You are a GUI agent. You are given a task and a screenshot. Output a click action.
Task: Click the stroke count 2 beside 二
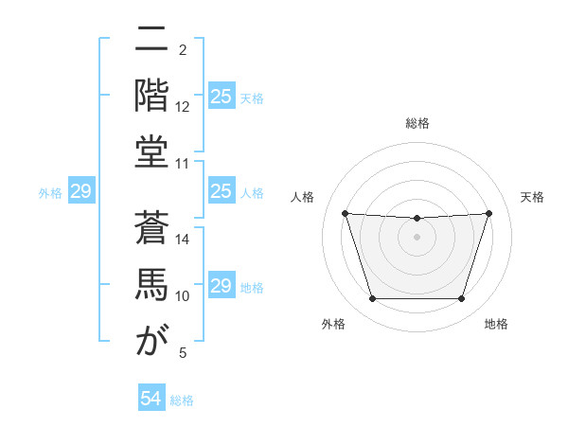183,49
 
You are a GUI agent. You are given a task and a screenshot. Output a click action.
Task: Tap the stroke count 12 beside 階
183,106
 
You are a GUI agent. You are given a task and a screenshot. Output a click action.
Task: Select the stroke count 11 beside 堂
183,164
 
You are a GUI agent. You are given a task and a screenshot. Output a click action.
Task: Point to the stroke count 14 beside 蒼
183,240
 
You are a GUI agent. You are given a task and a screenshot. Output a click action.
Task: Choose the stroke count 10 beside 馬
183,296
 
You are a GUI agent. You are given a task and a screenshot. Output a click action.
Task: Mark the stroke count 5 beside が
183,353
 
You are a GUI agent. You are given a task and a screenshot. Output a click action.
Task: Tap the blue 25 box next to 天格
222,96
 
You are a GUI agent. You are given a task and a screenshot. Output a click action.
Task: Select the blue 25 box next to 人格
222,192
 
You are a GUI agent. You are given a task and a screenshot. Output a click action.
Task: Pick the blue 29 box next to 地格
222,287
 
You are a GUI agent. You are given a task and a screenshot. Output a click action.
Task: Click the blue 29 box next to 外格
80,192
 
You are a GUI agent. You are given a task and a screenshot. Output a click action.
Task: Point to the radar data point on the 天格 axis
488,213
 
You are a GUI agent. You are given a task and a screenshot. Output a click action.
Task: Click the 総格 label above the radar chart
417,123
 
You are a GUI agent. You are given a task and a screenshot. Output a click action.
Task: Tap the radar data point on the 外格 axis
372,299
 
